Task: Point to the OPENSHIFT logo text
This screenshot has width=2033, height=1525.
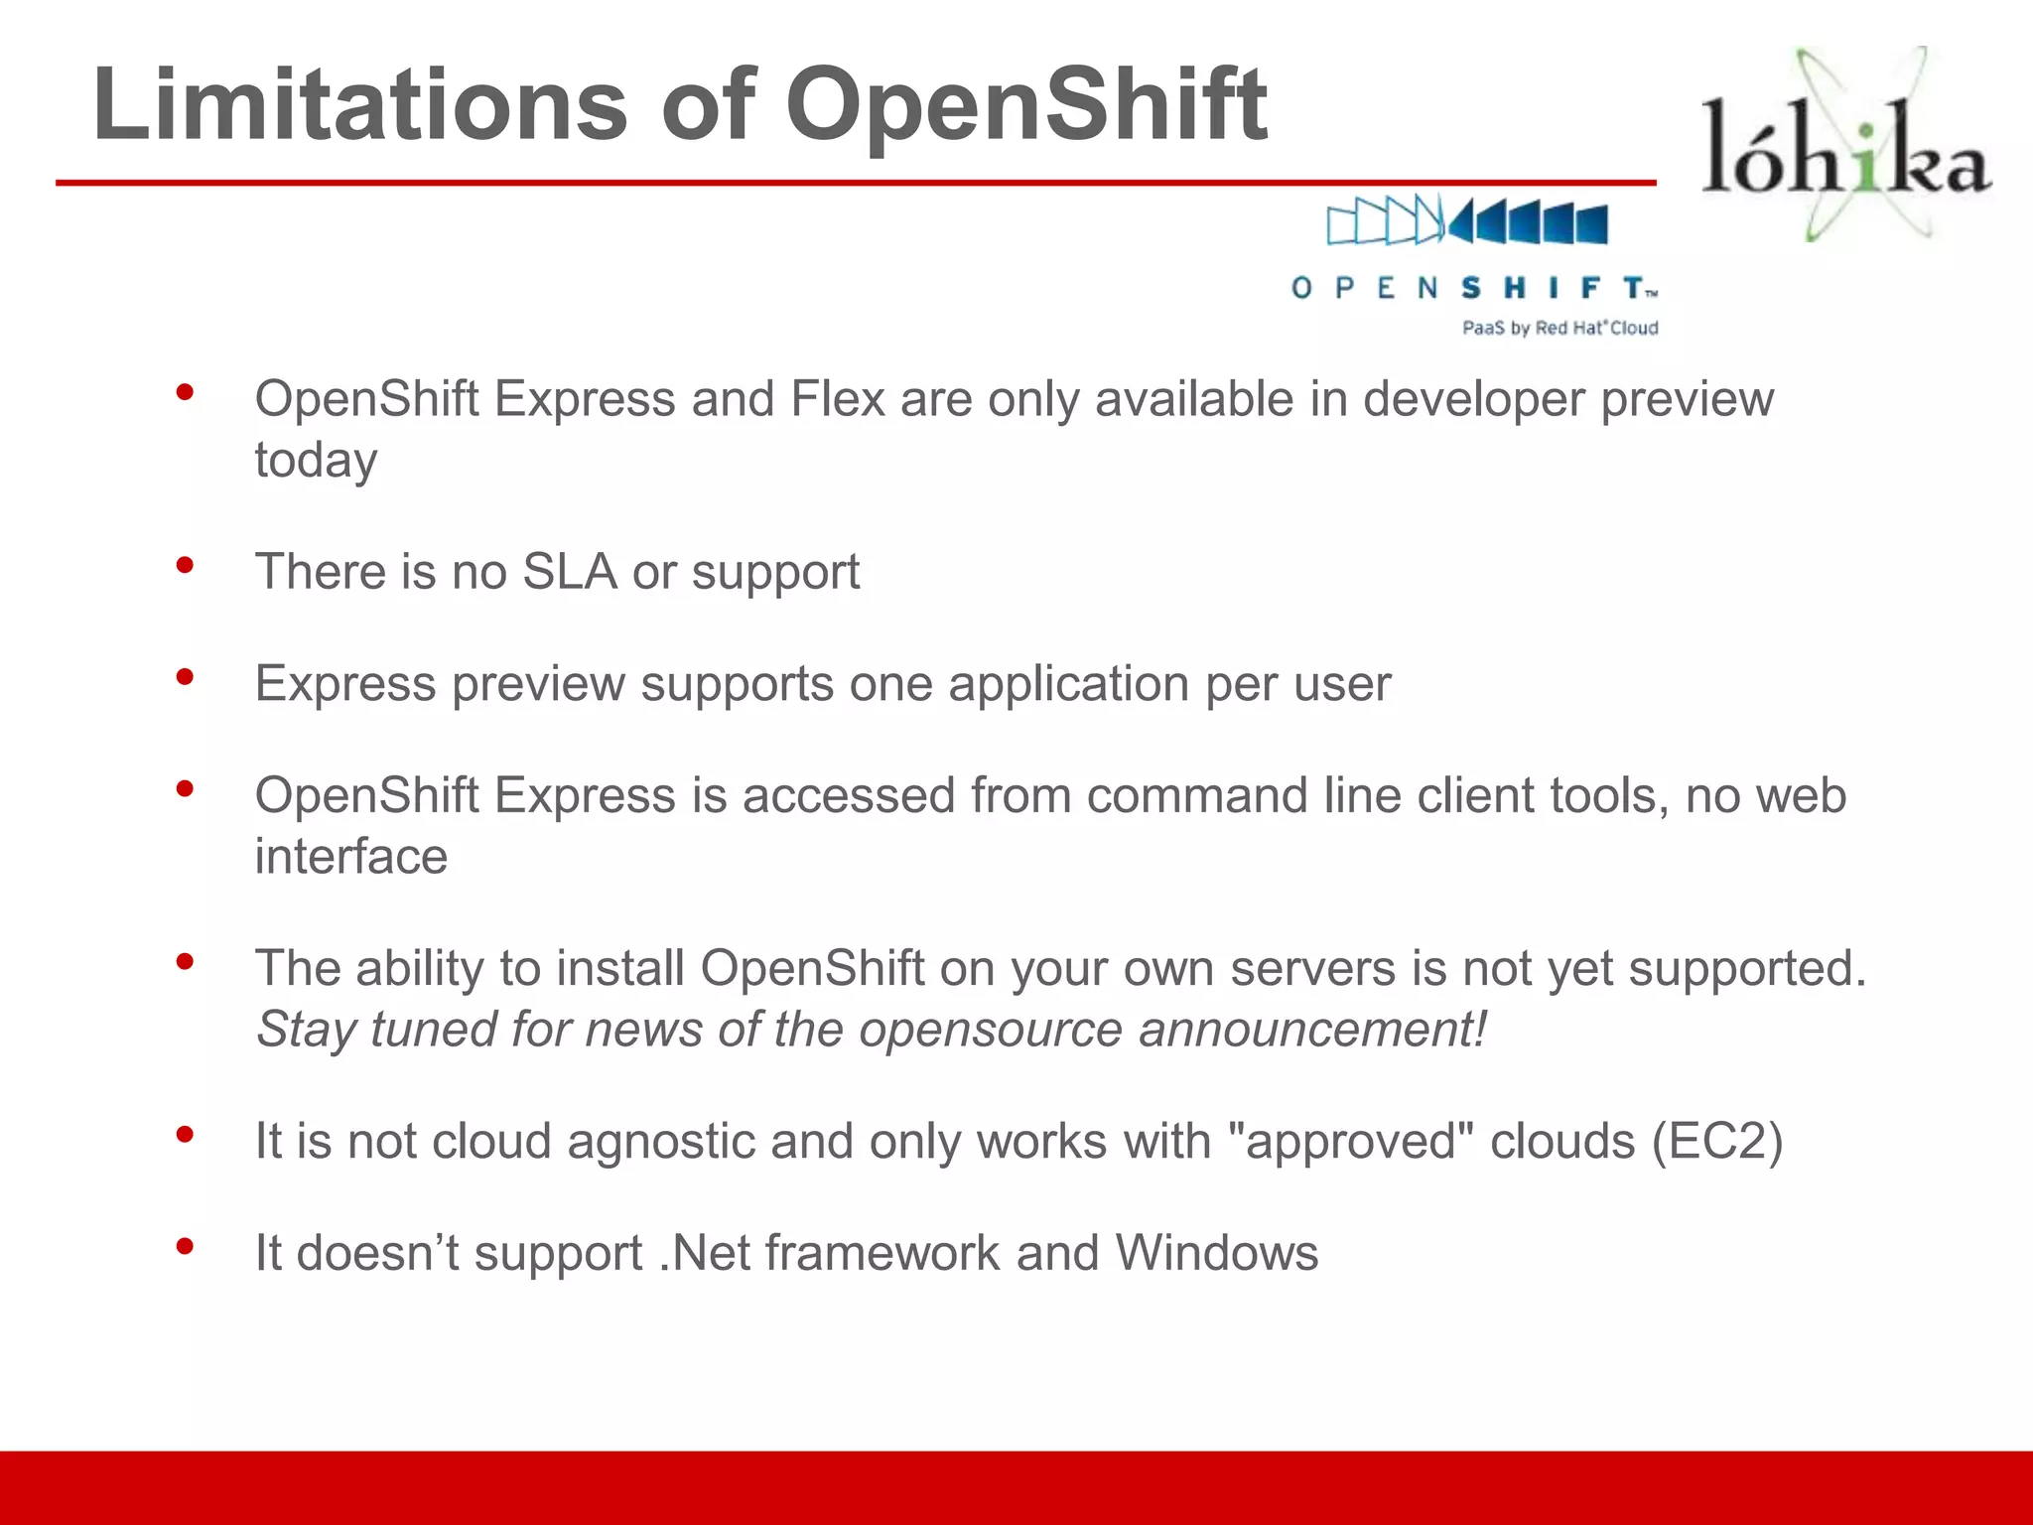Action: pos(1474,288)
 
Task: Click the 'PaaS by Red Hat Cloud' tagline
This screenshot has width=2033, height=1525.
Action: pos(1559,328)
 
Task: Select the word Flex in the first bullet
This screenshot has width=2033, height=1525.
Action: pos(837,399)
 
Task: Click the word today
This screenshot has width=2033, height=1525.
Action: pos(316,460)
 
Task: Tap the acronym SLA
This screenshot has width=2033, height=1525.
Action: pos(570,572)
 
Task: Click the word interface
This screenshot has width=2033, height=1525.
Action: pos(351,856)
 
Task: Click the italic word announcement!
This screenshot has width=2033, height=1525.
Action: pos(1312,1030)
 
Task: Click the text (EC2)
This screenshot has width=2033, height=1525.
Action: pos(1717,1141)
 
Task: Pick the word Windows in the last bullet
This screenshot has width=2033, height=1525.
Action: pos(1217,1253)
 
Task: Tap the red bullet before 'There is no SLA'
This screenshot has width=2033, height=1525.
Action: pos(185,566)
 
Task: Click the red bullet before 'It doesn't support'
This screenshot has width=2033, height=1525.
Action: pos(185,1247)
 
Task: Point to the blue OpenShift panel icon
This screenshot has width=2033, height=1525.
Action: pos(1467,220)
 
